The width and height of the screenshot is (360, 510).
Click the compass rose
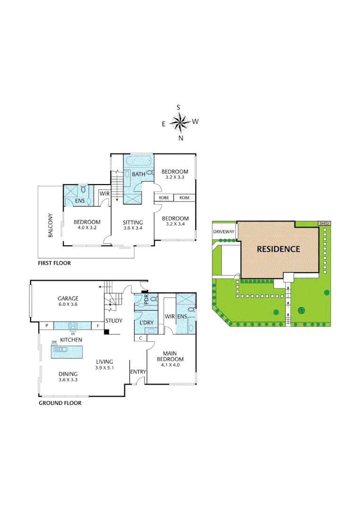(x=179, y=122)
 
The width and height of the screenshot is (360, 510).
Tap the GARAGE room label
(x=68, y=298)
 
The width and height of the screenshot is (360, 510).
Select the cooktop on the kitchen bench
(x=73, y=325)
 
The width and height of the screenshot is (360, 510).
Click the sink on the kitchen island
(x=61, y=350)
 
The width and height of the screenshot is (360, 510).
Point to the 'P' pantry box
(x=46, y=325)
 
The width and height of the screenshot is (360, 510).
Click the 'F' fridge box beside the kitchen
(x=98, y=325)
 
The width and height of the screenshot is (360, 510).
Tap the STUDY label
(x=114, y=321)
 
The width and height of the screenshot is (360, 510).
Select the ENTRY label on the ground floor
(x=138, y=372)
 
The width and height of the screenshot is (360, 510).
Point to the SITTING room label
(x=133, y=222)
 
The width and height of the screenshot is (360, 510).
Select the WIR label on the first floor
(x=104, y=193)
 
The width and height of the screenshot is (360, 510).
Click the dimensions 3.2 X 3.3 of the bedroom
(x=175, y=178)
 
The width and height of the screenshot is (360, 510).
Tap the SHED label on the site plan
(x=324, y=223)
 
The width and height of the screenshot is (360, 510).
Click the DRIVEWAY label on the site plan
(x=224, y=232)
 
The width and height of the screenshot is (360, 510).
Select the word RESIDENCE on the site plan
(x=278, y=249)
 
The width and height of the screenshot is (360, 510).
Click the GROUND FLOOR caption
(x=60, y=403)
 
